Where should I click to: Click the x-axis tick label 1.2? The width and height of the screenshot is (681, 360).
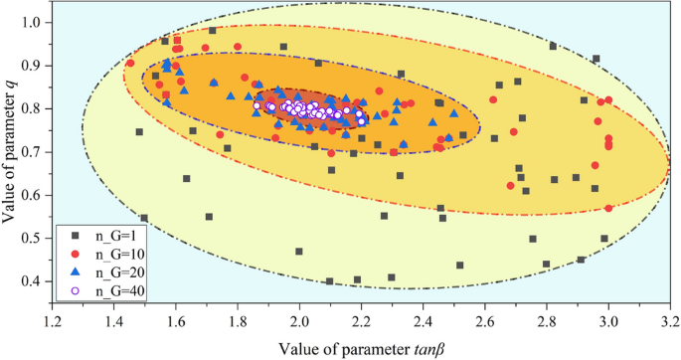52,321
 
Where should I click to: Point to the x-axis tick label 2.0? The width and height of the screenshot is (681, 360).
299,321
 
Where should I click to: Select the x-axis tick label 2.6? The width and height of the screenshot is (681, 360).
485,321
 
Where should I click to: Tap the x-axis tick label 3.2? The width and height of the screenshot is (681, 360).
670,321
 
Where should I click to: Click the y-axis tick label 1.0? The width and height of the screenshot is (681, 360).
35,21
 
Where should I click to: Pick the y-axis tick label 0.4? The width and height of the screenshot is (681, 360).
35,281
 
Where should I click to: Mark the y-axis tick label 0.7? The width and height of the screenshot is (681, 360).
35,151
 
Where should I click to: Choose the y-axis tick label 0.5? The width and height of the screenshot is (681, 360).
35,239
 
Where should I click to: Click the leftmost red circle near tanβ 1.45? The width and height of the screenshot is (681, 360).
130,64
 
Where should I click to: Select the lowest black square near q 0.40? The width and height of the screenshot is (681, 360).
329,281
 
